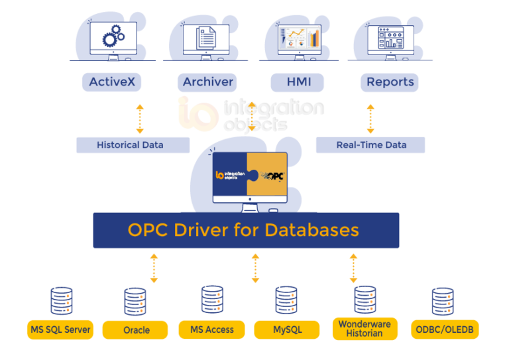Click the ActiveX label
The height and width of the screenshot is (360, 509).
click(112, 82)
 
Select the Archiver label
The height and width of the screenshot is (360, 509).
click(207, 82)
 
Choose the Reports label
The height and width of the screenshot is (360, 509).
click(390, 82)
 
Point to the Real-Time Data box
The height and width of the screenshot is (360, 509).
click(370, 145)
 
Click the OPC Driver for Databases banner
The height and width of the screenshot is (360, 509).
click(246, 230)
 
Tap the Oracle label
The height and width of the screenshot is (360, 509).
click(136, 330)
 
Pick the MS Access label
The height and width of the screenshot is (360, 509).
click(212, 329)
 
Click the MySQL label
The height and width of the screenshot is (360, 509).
click(287, 329)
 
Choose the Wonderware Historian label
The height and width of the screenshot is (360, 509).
click(365, 329)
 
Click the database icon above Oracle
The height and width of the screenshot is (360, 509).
click(135, 302)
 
